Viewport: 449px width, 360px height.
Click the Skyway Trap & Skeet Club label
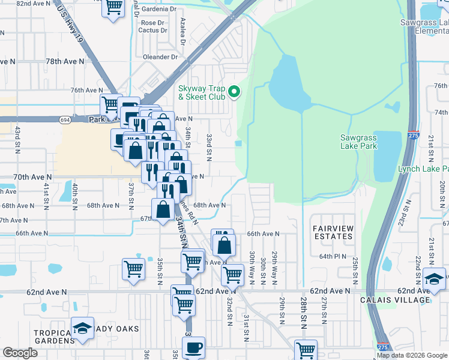(x=201, y=92)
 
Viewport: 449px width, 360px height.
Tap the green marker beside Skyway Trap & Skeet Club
(x=235, y=92)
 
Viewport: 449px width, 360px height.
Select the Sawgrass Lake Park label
(x=358, y=142)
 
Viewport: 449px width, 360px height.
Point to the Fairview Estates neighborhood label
(x=333, y=233)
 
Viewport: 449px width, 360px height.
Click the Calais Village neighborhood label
(x=395, y=300)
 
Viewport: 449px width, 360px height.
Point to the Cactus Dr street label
(x=151, y=30)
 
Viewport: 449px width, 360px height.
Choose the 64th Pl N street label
(x=334, y=256)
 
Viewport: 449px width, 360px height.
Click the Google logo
(x=20, y=353)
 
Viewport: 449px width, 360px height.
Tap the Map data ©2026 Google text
(x=412, y=355)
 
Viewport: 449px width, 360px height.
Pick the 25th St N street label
(x=355, y=271)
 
